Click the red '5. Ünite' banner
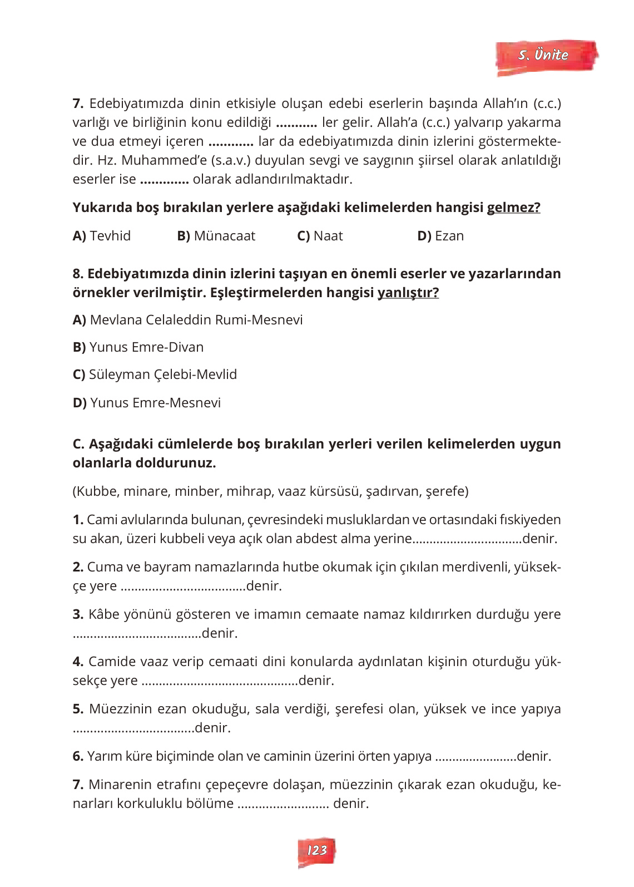coord(546,56)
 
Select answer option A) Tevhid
coord(102,236)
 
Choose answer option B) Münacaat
coord(216,236)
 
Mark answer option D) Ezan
coord(440,236)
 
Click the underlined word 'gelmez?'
coord(513,208)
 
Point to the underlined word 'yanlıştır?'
coord(408,293)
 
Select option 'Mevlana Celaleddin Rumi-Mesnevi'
coord(187,320)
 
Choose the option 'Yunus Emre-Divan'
coord(138,347)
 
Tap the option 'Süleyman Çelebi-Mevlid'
coord(155,374)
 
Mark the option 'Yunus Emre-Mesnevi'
coord(147,403)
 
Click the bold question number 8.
coord(78,274)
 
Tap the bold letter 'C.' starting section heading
coord(78,444)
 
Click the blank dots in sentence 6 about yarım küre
coord(475,757)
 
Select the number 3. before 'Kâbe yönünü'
coord(78,614)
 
